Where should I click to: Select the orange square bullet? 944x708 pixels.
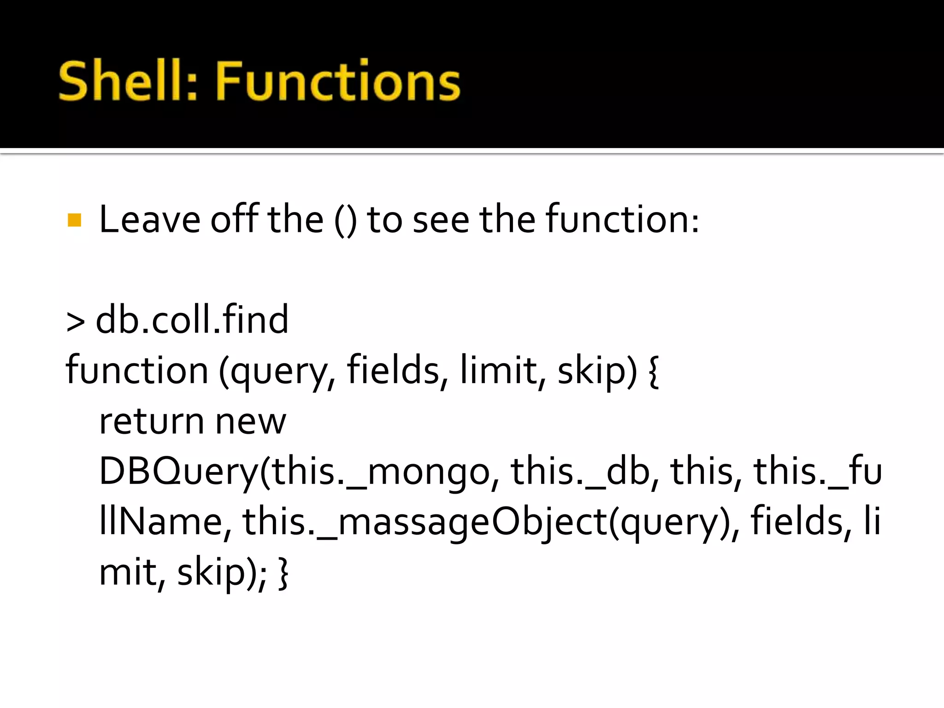(74, 220)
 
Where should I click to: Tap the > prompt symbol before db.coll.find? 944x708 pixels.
(76, 321)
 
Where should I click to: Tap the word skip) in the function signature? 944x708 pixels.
(597, 371)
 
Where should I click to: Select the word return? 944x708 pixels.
(152, 421)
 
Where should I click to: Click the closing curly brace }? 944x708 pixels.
(283, 573)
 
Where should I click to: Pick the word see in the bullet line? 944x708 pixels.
(441, 220)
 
